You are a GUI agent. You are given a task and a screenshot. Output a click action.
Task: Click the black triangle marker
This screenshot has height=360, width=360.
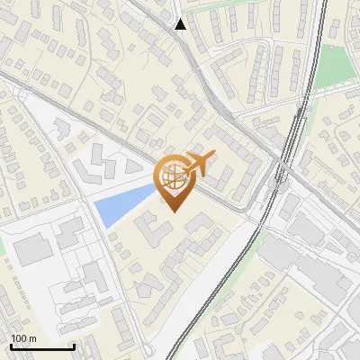tap(181, 24)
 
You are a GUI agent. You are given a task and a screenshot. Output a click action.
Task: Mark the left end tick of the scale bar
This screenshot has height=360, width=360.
tap(11, 346)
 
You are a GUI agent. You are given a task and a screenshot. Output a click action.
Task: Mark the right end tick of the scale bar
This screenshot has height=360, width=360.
tap(74, 346)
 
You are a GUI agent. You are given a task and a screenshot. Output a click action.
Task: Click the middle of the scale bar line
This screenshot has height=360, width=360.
tap(42, 347)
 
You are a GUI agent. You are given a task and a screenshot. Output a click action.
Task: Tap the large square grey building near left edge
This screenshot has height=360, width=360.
tap(33, 250)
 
